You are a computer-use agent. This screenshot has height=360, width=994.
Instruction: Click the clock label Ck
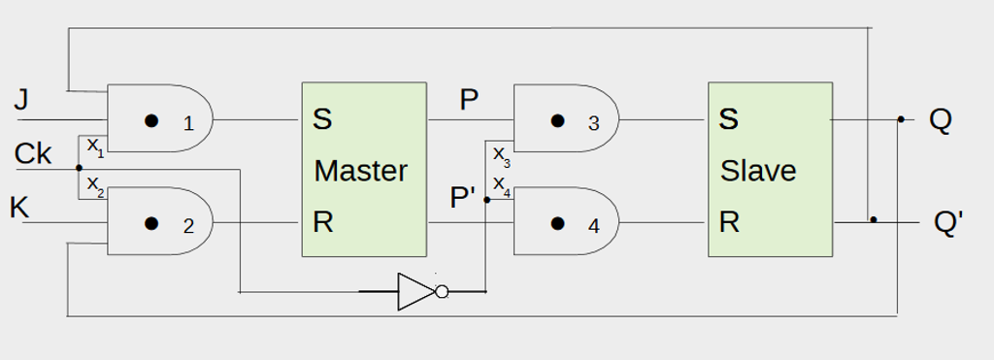tap(33, 153)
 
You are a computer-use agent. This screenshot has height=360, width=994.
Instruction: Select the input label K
tap(19, 207)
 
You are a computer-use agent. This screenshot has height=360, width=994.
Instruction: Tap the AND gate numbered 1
tap(160, 120)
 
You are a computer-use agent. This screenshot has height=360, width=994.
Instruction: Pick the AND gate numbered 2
tap(160, 222)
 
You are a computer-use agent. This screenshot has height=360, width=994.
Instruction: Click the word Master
tap(360, 171)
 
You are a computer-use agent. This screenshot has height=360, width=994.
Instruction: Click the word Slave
tap(757, 171)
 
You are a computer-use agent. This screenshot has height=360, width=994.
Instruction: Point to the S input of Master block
tap(322, 120)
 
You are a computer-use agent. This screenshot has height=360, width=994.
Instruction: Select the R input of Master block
tap(322, 222)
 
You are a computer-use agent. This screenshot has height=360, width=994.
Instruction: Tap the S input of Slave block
tap(728, 120)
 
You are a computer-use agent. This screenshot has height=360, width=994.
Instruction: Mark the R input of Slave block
tap(728, 222)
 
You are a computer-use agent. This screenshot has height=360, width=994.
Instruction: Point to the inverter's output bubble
tap(442, 291)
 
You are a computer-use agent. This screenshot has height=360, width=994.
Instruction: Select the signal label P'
tap(463, 198)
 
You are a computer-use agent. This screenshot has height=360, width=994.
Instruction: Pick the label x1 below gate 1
tap(95, 147)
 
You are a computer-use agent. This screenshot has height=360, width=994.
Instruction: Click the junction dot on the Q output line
tap(901, 120)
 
